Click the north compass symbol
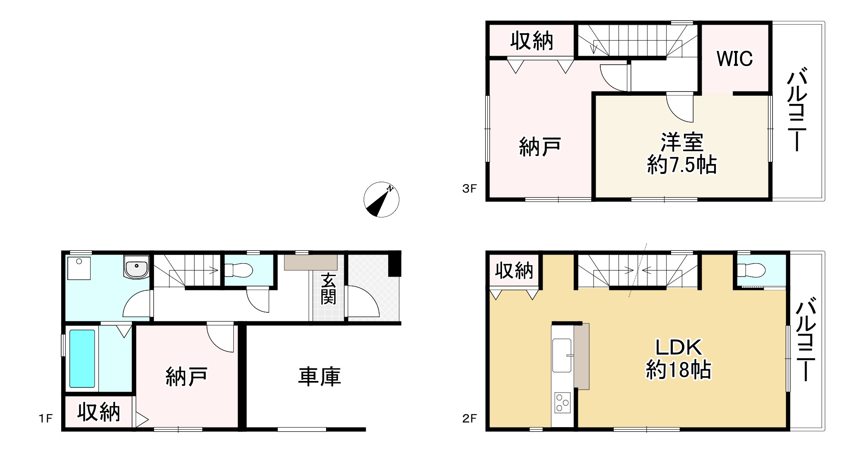(x=381, y=199)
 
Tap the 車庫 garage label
(x=319, y=377)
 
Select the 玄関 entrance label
(x=328, y=289)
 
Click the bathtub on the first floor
(x=82, y=359)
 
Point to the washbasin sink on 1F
(x=136, y=267)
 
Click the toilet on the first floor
(x=239, y=271)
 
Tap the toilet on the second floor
(x=751, y=271)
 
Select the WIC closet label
(x=734, y=59)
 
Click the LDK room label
(x=679, y=347)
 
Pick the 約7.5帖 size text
(x=682, y=165)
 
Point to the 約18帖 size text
(x=678, y=370)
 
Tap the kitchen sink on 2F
(x=562, y=355)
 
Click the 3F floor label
(x=469, y=189)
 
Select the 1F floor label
(x=45, y=418)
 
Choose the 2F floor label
(x=469, y=418)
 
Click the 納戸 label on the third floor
(x=540, y=147)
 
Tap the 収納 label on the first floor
(x=99, y=412)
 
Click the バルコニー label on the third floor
(x=797, y=110)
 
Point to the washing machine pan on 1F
(x=79, y=268)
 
